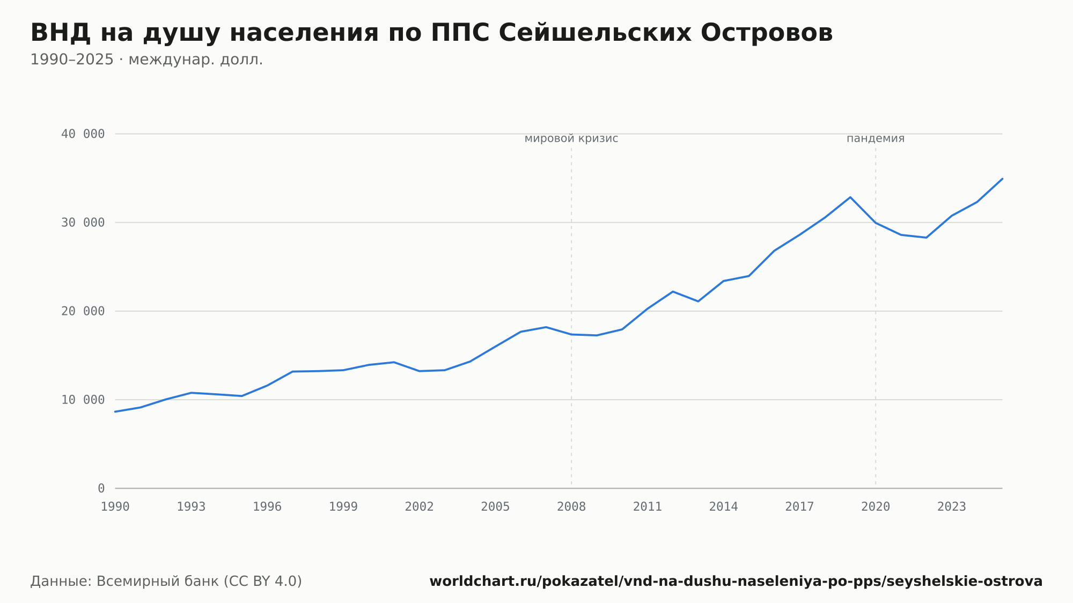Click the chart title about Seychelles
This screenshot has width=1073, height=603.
coord(431,33)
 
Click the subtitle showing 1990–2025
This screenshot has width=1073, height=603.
coord(146,60)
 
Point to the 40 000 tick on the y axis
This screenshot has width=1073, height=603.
coord(83,134)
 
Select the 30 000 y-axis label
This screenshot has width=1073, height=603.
coord(83,223)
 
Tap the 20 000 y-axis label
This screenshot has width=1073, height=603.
coord(83,311)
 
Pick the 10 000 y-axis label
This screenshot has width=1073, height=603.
coord(83,400)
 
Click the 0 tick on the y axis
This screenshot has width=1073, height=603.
coord(101,489)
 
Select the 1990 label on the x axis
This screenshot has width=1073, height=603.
coord(115,507)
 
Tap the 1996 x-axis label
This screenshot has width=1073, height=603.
coord(267,507)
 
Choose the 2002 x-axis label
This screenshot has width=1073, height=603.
coord(420,507)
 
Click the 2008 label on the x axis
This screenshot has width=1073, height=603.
coord(571,507)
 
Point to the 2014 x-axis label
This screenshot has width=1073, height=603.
coord(724,507)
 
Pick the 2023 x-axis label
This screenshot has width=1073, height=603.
coord(952,507)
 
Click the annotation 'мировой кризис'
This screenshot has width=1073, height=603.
coord(571,138)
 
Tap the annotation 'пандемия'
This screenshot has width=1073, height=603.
coord(876,138)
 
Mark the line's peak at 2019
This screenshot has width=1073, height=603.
coord(850,197)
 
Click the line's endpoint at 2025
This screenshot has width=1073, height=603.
coord(1002,179)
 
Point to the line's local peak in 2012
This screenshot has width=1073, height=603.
coord(673,291)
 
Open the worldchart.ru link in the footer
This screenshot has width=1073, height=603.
coord(736,582)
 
